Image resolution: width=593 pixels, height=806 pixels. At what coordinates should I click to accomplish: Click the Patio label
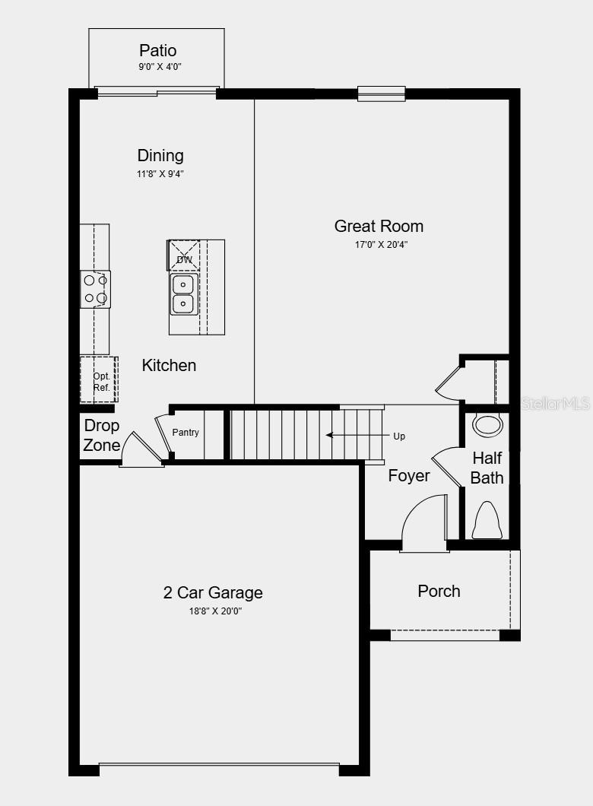click(157, 51)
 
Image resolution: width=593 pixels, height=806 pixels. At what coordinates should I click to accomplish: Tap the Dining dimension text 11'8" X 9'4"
click(160, 174)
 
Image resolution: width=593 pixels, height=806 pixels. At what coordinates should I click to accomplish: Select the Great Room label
click(379, 226)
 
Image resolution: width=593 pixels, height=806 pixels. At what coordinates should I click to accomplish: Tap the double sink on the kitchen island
click(182, 294)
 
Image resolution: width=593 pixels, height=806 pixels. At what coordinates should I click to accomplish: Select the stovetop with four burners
click(96, 289)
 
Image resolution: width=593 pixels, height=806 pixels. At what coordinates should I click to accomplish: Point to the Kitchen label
click(169, 366)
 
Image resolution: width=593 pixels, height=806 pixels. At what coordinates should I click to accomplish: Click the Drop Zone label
click(102, 436)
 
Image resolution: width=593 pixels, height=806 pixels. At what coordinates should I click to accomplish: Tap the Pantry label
click(186, 433)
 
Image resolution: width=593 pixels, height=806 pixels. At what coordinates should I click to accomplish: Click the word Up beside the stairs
click(399, 436)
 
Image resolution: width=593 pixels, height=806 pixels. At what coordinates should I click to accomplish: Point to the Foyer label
click(409, 476)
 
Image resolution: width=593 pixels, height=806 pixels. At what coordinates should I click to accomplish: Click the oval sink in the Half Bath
click(487, 424)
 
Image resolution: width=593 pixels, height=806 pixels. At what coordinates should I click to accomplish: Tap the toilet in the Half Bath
click(487, 521)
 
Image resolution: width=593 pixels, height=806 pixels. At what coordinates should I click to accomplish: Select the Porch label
click(439, 591)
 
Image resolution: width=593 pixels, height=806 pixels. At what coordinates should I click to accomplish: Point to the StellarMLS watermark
click(553, 404)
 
